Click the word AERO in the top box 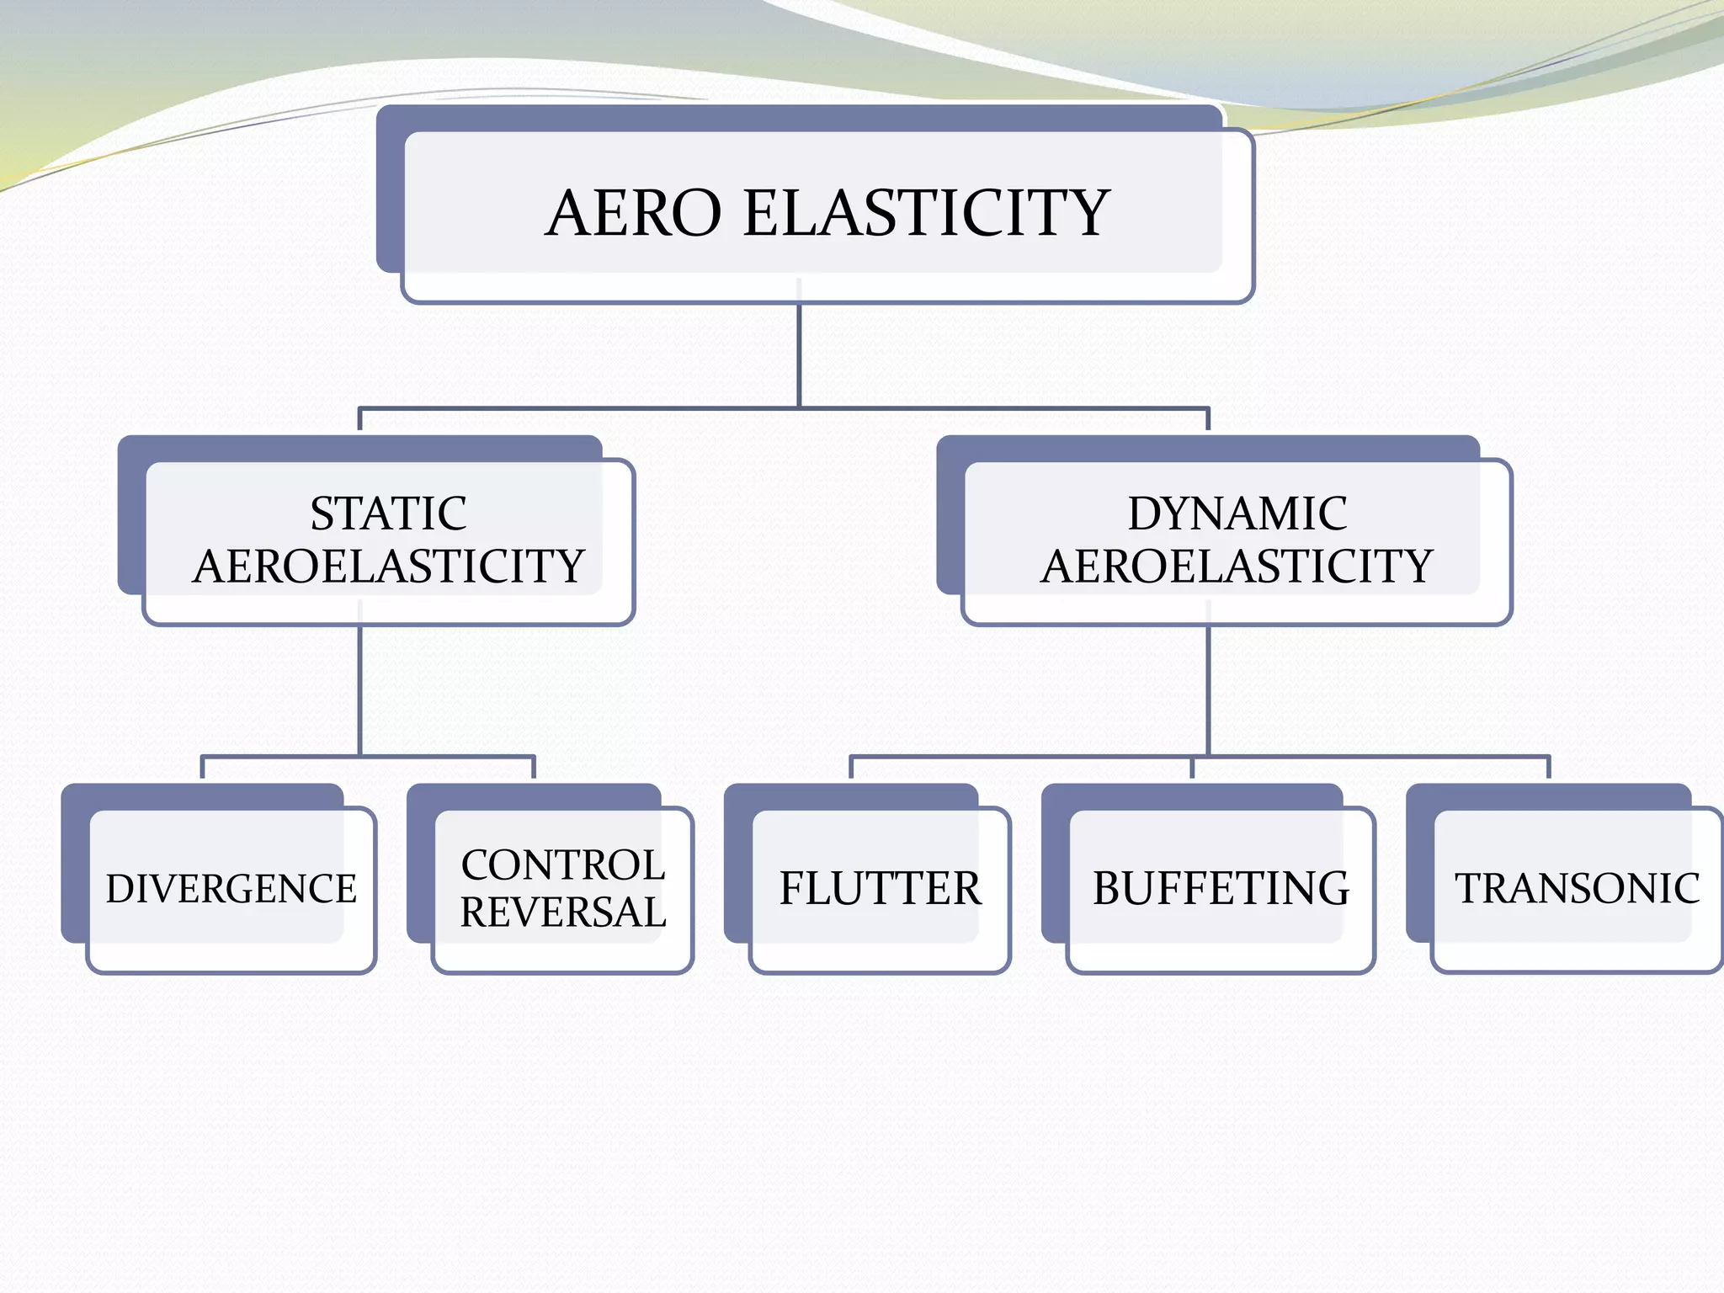click(633, 213)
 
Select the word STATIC click(388, 513)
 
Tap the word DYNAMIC click(1237, 513)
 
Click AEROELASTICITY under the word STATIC click(388, 566)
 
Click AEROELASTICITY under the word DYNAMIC click(1237, 566)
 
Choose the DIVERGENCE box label click(231, 889)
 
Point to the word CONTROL click(563, 865)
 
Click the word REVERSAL click(563, 913)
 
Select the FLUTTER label click(880, 889)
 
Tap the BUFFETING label click(1221, 889)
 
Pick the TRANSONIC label click(1577, 889)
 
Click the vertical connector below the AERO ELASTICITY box click(799, 354)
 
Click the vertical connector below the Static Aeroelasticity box click(360, 690)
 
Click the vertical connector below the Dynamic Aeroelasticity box click(1208, 690)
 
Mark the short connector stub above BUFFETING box click(1192, 768)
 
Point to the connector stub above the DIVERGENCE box click(203, 768)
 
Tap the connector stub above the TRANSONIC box click(1548, 768)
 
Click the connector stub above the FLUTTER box click(851, 768)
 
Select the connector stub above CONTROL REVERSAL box click(533, 768)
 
